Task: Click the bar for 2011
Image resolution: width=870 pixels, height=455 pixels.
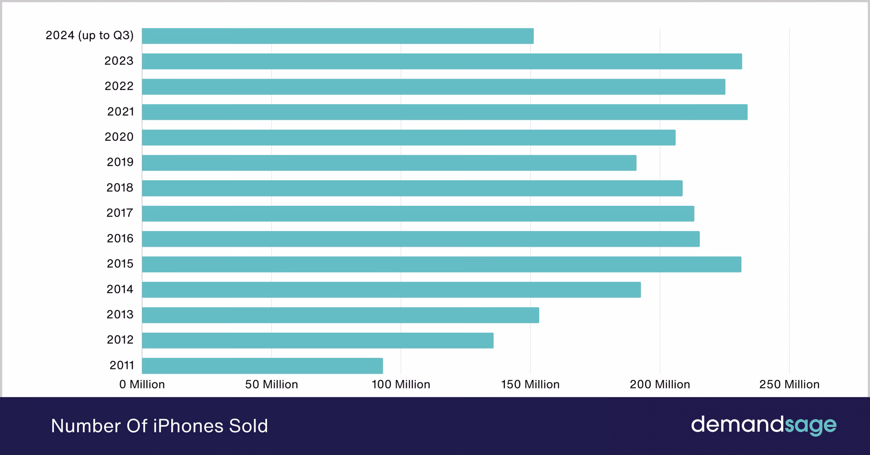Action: tap(262, 366)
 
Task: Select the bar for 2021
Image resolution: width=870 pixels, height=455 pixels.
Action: tap(445, 112)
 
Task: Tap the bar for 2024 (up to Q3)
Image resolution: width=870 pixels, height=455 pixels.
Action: tap(338, 36)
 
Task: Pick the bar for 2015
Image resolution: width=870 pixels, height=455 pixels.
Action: tap(441, 264)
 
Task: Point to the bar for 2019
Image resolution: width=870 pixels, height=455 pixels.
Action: tap(389, 163)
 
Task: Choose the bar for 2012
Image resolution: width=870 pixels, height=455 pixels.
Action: tap(318, 340)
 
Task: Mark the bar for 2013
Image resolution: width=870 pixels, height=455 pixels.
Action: tap(340, 315)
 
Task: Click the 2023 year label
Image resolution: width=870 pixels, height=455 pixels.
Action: tap(119, 61)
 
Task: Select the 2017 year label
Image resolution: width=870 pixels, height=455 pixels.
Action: tap(120, 213)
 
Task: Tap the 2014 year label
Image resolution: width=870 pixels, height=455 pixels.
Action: tap(120, 289)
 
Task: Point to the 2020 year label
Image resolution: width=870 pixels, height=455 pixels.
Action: tap(119, 137)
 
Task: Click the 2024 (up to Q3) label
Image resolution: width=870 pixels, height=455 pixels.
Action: tap(89, 36)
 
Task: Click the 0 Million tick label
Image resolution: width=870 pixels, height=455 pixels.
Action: tap(142, 384)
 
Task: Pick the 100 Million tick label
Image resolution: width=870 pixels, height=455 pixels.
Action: tap(401, 384)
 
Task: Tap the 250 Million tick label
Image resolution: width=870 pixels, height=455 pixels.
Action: tap(789, 384)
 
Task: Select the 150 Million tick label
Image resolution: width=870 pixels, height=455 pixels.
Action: tap(530, 384)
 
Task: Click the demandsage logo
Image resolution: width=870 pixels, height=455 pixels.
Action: tap(764, 425)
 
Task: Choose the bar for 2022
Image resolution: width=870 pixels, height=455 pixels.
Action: tap(433, 87)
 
